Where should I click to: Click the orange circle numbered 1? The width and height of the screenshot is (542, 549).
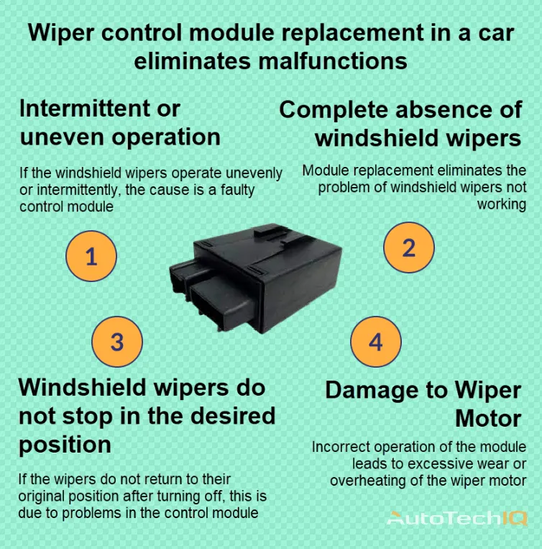91,255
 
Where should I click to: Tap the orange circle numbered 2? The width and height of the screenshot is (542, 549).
408,248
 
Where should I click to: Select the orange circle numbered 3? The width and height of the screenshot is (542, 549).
117,341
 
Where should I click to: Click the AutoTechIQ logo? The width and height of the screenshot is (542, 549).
458,518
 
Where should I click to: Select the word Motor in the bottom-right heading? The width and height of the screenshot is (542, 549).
488,418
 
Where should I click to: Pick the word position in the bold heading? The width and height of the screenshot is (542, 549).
65,444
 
